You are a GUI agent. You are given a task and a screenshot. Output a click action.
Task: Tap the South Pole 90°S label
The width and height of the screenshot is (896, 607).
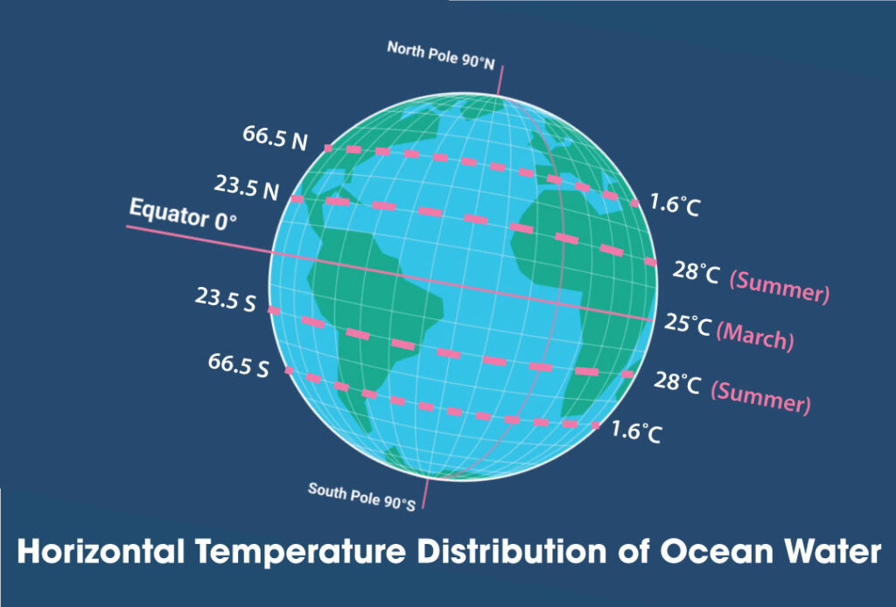coord(360,495)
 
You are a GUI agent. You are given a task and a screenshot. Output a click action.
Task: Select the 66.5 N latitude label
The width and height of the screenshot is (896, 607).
coord(275,137)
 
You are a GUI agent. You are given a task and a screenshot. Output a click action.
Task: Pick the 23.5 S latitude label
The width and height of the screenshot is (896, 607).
coord(225,301)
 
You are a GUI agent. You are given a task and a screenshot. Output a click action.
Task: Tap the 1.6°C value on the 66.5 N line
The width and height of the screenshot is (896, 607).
coord(675,206)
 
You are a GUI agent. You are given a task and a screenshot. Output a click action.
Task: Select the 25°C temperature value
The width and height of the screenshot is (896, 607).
coord(688,326)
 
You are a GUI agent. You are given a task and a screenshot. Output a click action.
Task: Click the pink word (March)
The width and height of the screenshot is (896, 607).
coord(755,336)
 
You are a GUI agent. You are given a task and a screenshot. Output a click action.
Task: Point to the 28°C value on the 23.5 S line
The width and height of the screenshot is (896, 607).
coord(677,381)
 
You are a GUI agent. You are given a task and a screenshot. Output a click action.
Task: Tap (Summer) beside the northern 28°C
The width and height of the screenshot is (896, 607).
coord(779,286)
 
